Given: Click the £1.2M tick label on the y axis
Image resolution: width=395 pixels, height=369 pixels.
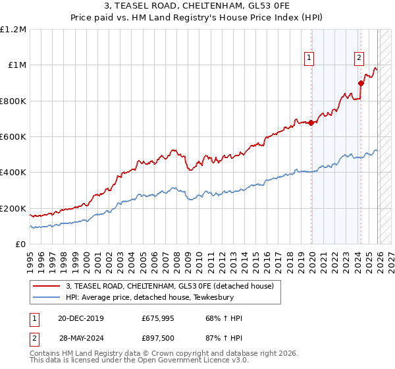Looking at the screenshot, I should [x=13, y=30].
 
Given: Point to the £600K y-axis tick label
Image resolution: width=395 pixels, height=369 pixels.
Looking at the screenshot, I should [x=13, y=137].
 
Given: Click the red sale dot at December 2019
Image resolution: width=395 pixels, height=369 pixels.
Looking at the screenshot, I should [x=311, y=123].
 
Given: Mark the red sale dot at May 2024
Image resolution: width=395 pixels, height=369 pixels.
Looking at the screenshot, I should [x=361, y=83].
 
